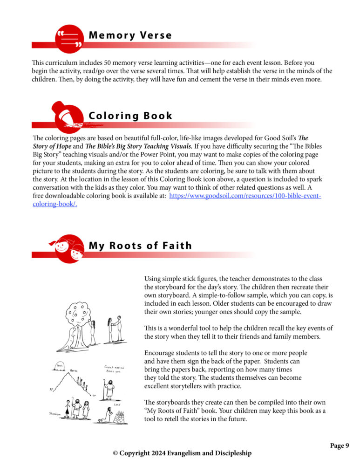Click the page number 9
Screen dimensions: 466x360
pyautogui.click(x=346, y=446)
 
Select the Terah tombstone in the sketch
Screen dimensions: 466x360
pyautogui.click(x=60, y=367)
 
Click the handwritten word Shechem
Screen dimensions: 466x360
pyautogui.click(x=55, y=413)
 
